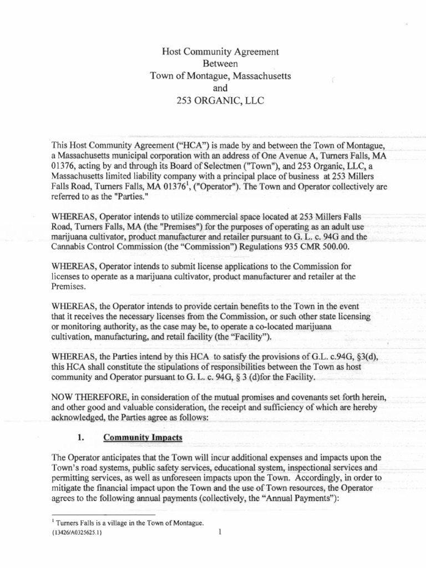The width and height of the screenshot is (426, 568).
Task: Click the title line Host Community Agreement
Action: (220, 52)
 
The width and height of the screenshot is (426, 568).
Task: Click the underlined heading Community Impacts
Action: (143, 437)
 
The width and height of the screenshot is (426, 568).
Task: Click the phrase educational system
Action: (255, 468)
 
